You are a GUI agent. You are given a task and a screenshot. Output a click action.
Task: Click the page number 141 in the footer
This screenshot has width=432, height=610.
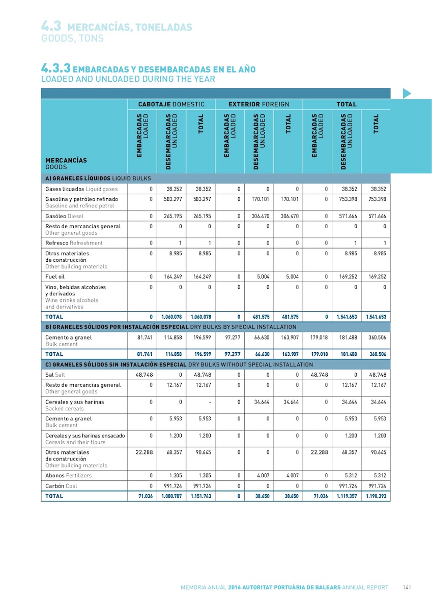point(407,587)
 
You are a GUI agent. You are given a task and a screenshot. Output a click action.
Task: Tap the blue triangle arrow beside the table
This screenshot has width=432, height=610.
point(407,93)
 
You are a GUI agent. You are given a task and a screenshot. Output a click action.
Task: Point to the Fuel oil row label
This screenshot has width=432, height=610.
point(55,277)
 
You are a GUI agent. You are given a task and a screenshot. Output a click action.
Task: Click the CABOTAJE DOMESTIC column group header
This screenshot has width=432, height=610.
point(171,104)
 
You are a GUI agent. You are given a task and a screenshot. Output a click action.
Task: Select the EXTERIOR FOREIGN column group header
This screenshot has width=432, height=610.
point(259,104)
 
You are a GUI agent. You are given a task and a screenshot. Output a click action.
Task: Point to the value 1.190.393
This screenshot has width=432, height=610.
point(376,496)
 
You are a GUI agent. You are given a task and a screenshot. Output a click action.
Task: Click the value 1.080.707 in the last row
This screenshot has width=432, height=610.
point(171,496)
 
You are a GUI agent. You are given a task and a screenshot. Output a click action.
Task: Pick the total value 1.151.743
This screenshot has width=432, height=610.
point(200,496)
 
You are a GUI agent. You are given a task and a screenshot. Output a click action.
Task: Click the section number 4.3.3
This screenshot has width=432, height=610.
point(55,69)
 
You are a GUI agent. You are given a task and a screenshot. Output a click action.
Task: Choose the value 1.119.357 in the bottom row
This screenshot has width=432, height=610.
point(347,496)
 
